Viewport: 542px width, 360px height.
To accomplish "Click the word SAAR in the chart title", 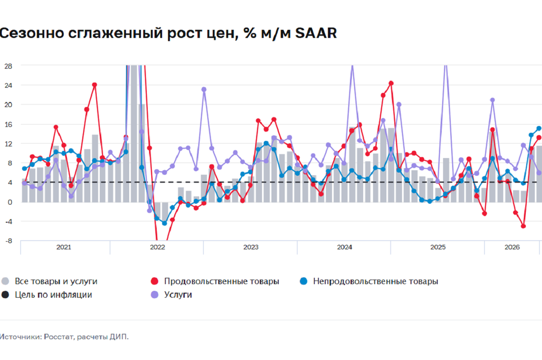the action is [316, 33].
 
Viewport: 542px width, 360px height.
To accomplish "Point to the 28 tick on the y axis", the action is [8, 66].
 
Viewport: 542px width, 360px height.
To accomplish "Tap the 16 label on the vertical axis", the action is [8, 124].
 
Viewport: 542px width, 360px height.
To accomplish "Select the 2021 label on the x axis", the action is [64, 247].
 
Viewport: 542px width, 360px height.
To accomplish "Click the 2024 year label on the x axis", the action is [345, 247].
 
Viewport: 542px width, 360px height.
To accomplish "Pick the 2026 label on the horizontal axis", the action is [512, 247].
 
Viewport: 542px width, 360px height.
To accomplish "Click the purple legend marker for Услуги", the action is [154, 295].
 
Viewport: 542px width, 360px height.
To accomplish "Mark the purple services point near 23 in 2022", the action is [204, 89].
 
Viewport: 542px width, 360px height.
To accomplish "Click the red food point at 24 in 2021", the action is [94, 85].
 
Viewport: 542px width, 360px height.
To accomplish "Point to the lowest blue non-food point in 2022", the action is [164, 223].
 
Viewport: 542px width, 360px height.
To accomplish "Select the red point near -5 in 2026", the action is [523, 226].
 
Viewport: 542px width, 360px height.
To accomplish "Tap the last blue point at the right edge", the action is [539, 128].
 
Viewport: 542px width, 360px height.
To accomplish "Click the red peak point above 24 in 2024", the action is [391, 84].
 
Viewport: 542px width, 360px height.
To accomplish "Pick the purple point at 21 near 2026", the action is [492, 100].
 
